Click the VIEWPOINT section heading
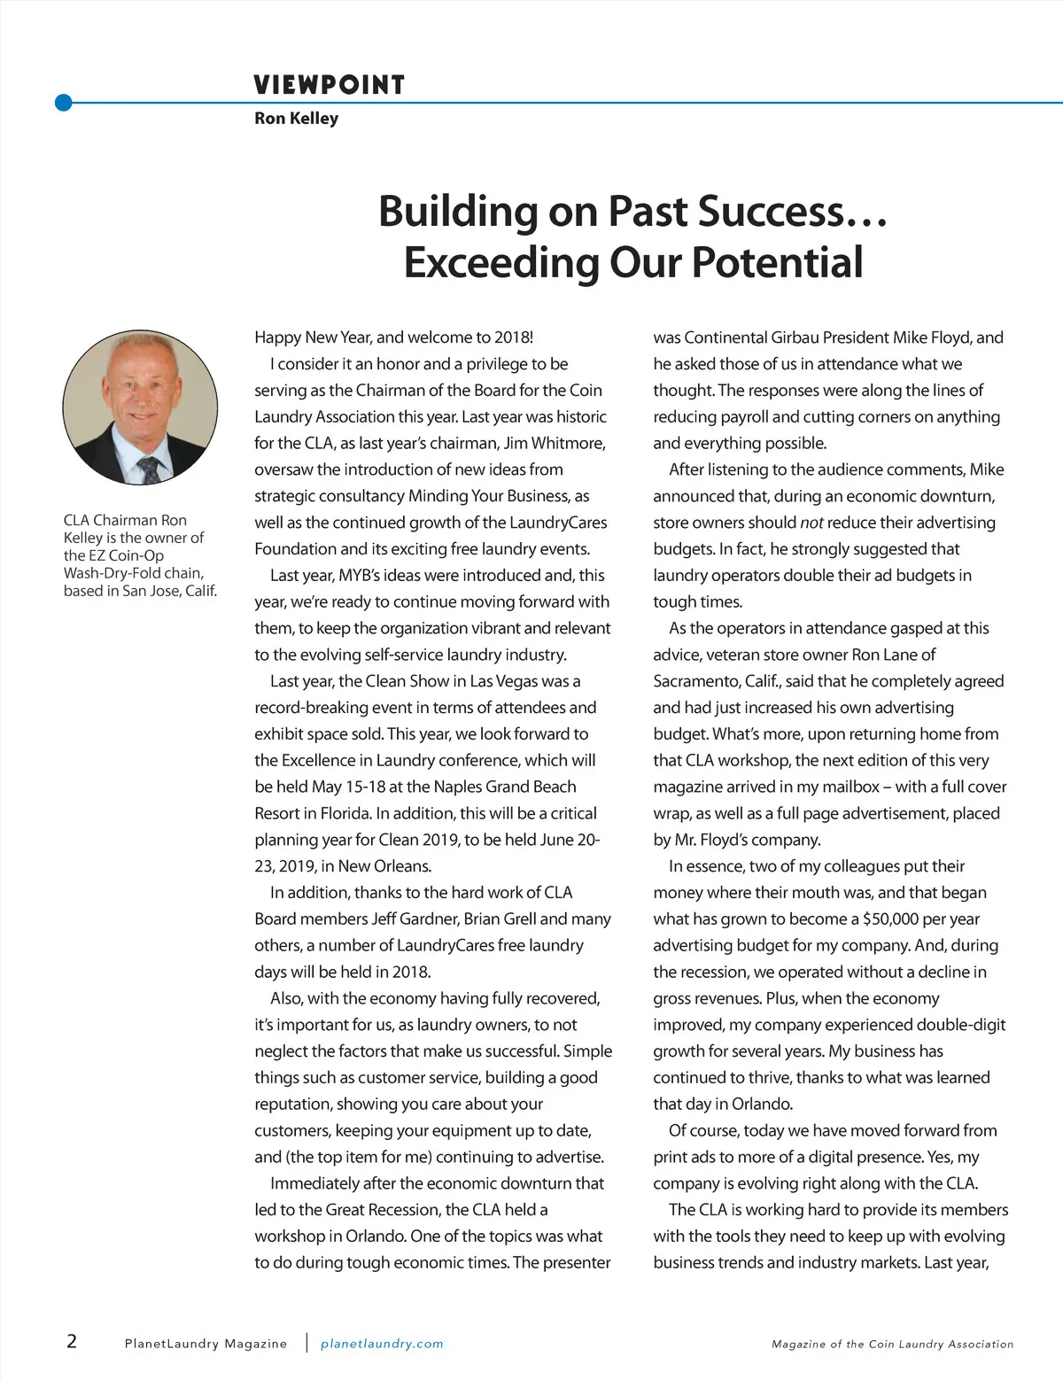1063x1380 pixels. click(329, 85)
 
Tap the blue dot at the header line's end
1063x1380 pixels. click(63, 103)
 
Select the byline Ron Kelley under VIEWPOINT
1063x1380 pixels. click(296, 118)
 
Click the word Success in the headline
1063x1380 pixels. click(772, 211)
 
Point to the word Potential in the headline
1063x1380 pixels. click(777, 262)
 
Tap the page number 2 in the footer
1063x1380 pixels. click(72, 1340)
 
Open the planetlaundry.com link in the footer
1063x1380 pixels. click(382, 1344)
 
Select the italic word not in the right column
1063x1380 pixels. click(811, 523)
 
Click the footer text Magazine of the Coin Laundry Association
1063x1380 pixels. click(892, 1344)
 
